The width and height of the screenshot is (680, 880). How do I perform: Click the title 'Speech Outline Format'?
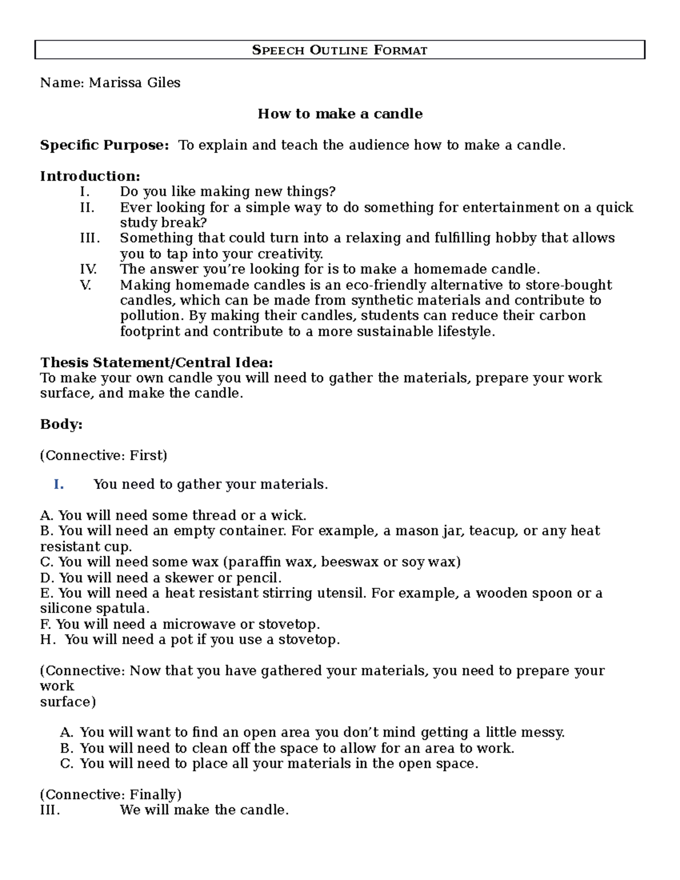click(x=339, y=50)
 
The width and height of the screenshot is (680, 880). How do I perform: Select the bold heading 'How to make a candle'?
click(x=340, y=114)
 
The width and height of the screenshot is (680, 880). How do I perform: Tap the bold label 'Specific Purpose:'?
click(x=104, y=145)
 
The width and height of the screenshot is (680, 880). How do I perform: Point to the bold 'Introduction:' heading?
click(x=90, y=176)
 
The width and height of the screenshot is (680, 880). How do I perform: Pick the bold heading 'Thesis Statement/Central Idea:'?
click(x=156, y=362)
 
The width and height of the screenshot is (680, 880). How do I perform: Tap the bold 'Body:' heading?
click(x=61, y=424)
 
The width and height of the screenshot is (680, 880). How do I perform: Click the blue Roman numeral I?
click(x=58, y=484)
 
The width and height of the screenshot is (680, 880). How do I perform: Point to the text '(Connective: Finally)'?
click(x=110, y=794)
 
